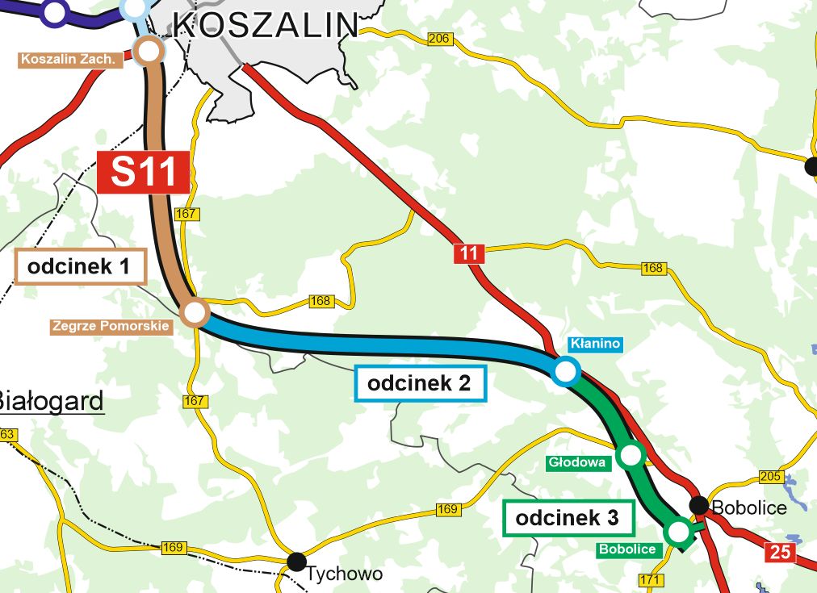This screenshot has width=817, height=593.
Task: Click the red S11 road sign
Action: [144, 172]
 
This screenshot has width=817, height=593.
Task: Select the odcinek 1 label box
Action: [79, 267]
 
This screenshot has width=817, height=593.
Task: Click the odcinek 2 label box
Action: [420, 383]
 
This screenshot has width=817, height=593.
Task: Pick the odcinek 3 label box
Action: [568, 519]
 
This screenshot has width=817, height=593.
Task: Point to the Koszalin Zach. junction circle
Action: [149, 52]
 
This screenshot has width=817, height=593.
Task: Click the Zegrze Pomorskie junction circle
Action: [195, 312]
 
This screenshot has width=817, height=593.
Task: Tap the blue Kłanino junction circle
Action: [566, 371]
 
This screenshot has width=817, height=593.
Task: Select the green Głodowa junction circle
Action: [631, 456]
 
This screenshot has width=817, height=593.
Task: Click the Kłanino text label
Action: [595, 344]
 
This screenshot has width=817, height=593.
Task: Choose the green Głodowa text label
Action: [576, 463]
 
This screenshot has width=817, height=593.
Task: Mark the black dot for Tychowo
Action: [297, 560]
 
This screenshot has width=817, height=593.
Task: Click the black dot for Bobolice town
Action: [699, 505]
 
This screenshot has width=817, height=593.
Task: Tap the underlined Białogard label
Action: [50, 401]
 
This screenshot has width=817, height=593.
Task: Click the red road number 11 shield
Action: [468, 253]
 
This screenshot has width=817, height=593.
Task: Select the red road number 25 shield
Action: [781, 553]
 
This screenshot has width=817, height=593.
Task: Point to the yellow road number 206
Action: [439, 40]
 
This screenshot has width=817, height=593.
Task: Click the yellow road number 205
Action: [771, 476]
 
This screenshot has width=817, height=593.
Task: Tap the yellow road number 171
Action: [651, 580]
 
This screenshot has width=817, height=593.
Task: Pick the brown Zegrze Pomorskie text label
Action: [111, 327]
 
